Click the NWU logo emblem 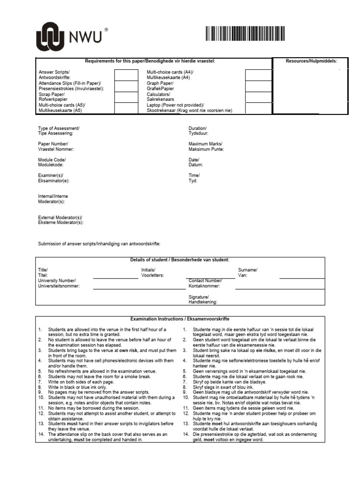[53, 37]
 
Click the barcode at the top [244, 34]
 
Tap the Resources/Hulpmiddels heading [311, 61]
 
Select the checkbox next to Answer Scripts [126, 75]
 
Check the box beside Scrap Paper [126, 97]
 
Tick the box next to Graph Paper [258, 86]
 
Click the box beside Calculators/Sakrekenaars [258, 97]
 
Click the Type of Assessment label [59, 131]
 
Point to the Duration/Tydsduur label [197, 131]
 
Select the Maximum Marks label [206, 146]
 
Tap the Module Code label [52, 162]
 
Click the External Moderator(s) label [60, 220]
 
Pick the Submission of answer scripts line [99, 244]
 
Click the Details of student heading [180, 260]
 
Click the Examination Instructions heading [180, 318]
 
